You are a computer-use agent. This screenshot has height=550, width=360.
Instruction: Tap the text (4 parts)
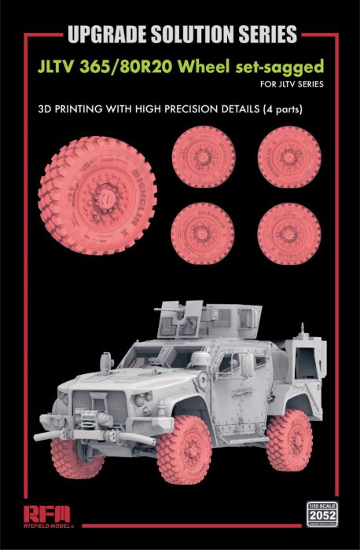point(274,108)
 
